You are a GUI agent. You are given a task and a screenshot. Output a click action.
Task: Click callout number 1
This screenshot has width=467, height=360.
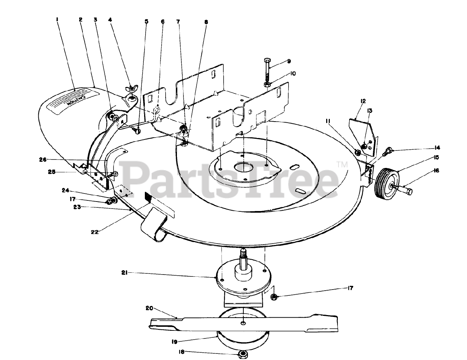click(57, 20)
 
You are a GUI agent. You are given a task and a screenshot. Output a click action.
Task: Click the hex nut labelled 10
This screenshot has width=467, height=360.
click(267, 84)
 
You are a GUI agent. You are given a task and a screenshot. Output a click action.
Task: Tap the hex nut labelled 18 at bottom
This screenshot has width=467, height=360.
click(242, 353)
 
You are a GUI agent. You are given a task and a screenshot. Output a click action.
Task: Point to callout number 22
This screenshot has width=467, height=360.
click(96, 231)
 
